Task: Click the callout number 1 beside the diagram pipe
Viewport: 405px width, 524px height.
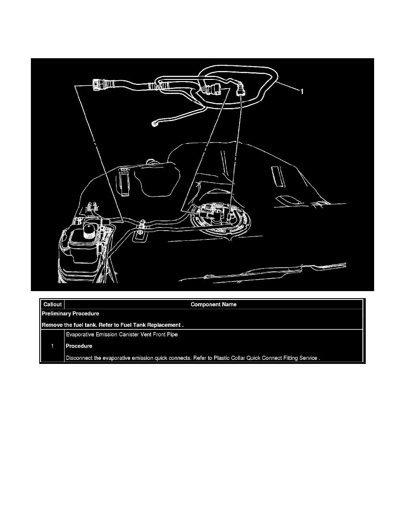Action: [x=302, y=92]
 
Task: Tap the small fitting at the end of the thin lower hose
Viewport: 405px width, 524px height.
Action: [x=154, y=124]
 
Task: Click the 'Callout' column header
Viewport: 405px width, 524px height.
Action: [x=52, y=304]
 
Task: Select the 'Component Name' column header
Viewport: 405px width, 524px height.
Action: [x=214, y=304]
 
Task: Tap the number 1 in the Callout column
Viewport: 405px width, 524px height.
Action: [x=52, y=346]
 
